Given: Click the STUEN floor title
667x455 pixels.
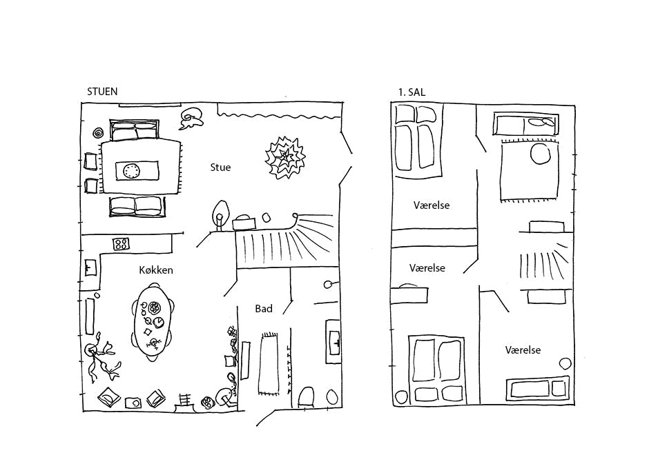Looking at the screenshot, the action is (102, 91).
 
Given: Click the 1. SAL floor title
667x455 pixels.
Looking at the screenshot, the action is (412, 92).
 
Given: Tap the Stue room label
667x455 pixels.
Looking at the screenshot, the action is (220, 168).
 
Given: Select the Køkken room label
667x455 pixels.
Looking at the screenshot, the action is (156, 270).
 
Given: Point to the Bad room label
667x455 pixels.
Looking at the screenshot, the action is (264, 309).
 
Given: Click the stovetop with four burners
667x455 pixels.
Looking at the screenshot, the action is (122, 244).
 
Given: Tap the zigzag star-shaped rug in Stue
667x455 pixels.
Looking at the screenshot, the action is (284, 158).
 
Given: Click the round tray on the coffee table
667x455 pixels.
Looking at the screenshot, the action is (131, 171).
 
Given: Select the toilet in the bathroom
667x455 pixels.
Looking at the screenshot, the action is (307, 397).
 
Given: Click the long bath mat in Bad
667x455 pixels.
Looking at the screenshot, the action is (269, 364).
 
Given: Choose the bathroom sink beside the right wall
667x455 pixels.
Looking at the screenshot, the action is (333, 342).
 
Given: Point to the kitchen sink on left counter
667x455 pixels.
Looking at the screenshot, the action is (90, 267).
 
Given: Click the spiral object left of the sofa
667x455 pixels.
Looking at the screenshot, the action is (98, 133).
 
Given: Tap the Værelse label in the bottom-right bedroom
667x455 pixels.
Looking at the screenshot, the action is (523, 350).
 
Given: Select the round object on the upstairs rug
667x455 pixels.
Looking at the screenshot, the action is (540, 153).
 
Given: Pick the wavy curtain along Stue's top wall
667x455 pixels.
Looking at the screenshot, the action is (279, 112).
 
